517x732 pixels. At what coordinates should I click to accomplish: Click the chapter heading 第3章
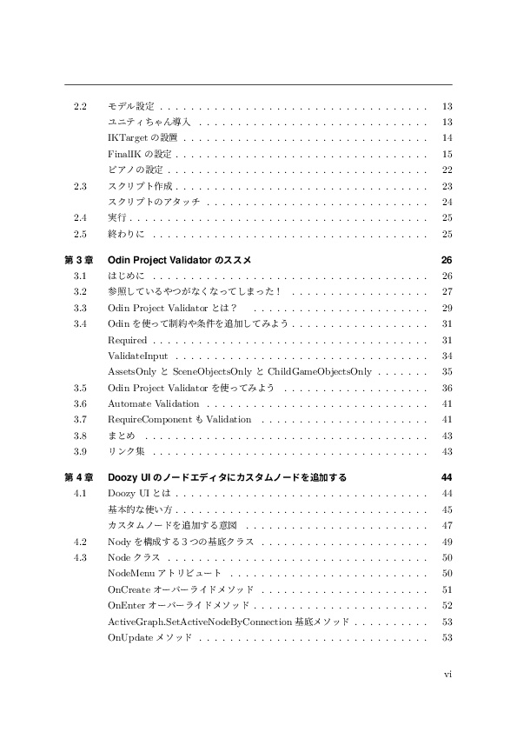80,260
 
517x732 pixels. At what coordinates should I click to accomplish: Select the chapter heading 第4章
80,477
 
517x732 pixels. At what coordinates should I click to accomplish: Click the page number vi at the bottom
447,672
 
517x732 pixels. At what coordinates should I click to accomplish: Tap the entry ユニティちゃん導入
149,122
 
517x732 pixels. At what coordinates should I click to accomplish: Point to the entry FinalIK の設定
139,154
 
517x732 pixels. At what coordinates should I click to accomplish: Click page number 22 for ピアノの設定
447,170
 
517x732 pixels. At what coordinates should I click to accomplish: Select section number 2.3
80,186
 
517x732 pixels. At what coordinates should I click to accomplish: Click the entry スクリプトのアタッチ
154,202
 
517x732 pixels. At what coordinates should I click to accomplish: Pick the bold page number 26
447,260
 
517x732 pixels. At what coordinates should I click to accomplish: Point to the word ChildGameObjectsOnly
320,371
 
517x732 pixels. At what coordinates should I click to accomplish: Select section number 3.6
80,403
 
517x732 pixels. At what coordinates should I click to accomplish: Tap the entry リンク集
126,451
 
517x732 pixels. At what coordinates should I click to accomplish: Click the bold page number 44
447,477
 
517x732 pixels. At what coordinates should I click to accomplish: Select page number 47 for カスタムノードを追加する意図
447,525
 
